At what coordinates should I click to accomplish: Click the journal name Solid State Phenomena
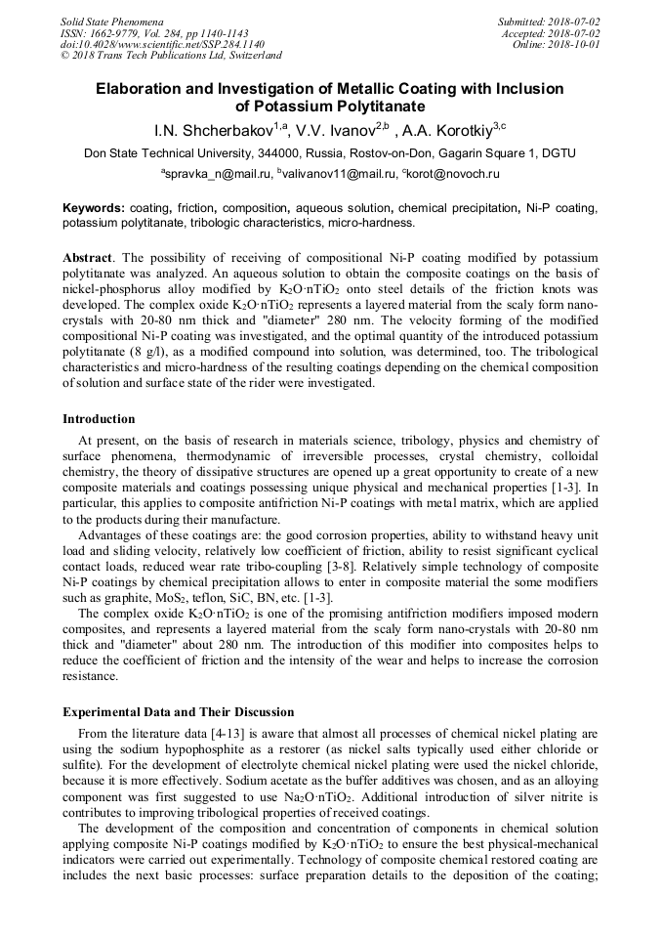coord(110,21)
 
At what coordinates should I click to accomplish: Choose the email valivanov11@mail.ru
coord(337,173)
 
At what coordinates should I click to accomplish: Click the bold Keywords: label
coord(94,208)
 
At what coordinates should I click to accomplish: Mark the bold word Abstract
coord(87,257)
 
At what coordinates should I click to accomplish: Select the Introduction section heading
coord(99,419)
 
